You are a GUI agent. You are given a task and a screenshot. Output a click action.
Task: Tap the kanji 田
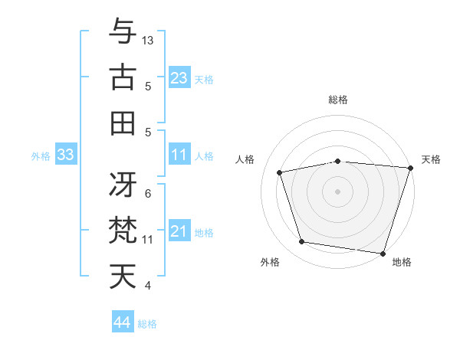tap(123, 123)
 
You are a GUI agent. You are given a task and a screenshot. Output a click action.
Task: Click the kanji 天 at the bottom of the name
tap(123, 276)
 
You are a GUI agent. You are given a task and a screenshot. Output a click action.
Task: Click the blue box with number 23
tap(179, 78)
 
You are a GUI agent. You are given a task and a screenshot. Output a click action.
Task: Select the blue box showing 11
tap(179, 155)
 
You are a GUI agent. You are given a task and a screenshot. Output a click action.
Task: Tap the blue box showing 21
tap(179, 232)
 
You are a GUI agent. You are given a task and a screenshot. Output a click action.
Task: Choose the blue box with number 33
tap(65, 155)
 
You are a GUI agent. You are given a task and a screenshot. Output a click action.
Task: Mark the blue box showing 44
tap(122, 322)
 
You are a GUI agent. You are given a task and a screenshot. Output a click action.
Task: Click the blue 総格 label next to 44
tap(147, 324)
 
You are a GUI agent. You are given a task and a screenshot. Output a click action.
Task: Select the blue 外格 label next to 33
tap(41, 156)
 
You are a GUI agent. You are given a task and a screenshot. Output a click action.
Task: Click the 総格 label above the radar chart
tap(338, 100)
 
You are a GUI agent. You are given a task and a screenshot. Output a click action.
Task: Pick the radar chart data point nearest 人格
tap(281, 172)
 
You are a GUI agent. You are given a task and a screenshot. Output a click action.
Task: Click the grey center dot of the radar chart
tap(338, 191)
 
